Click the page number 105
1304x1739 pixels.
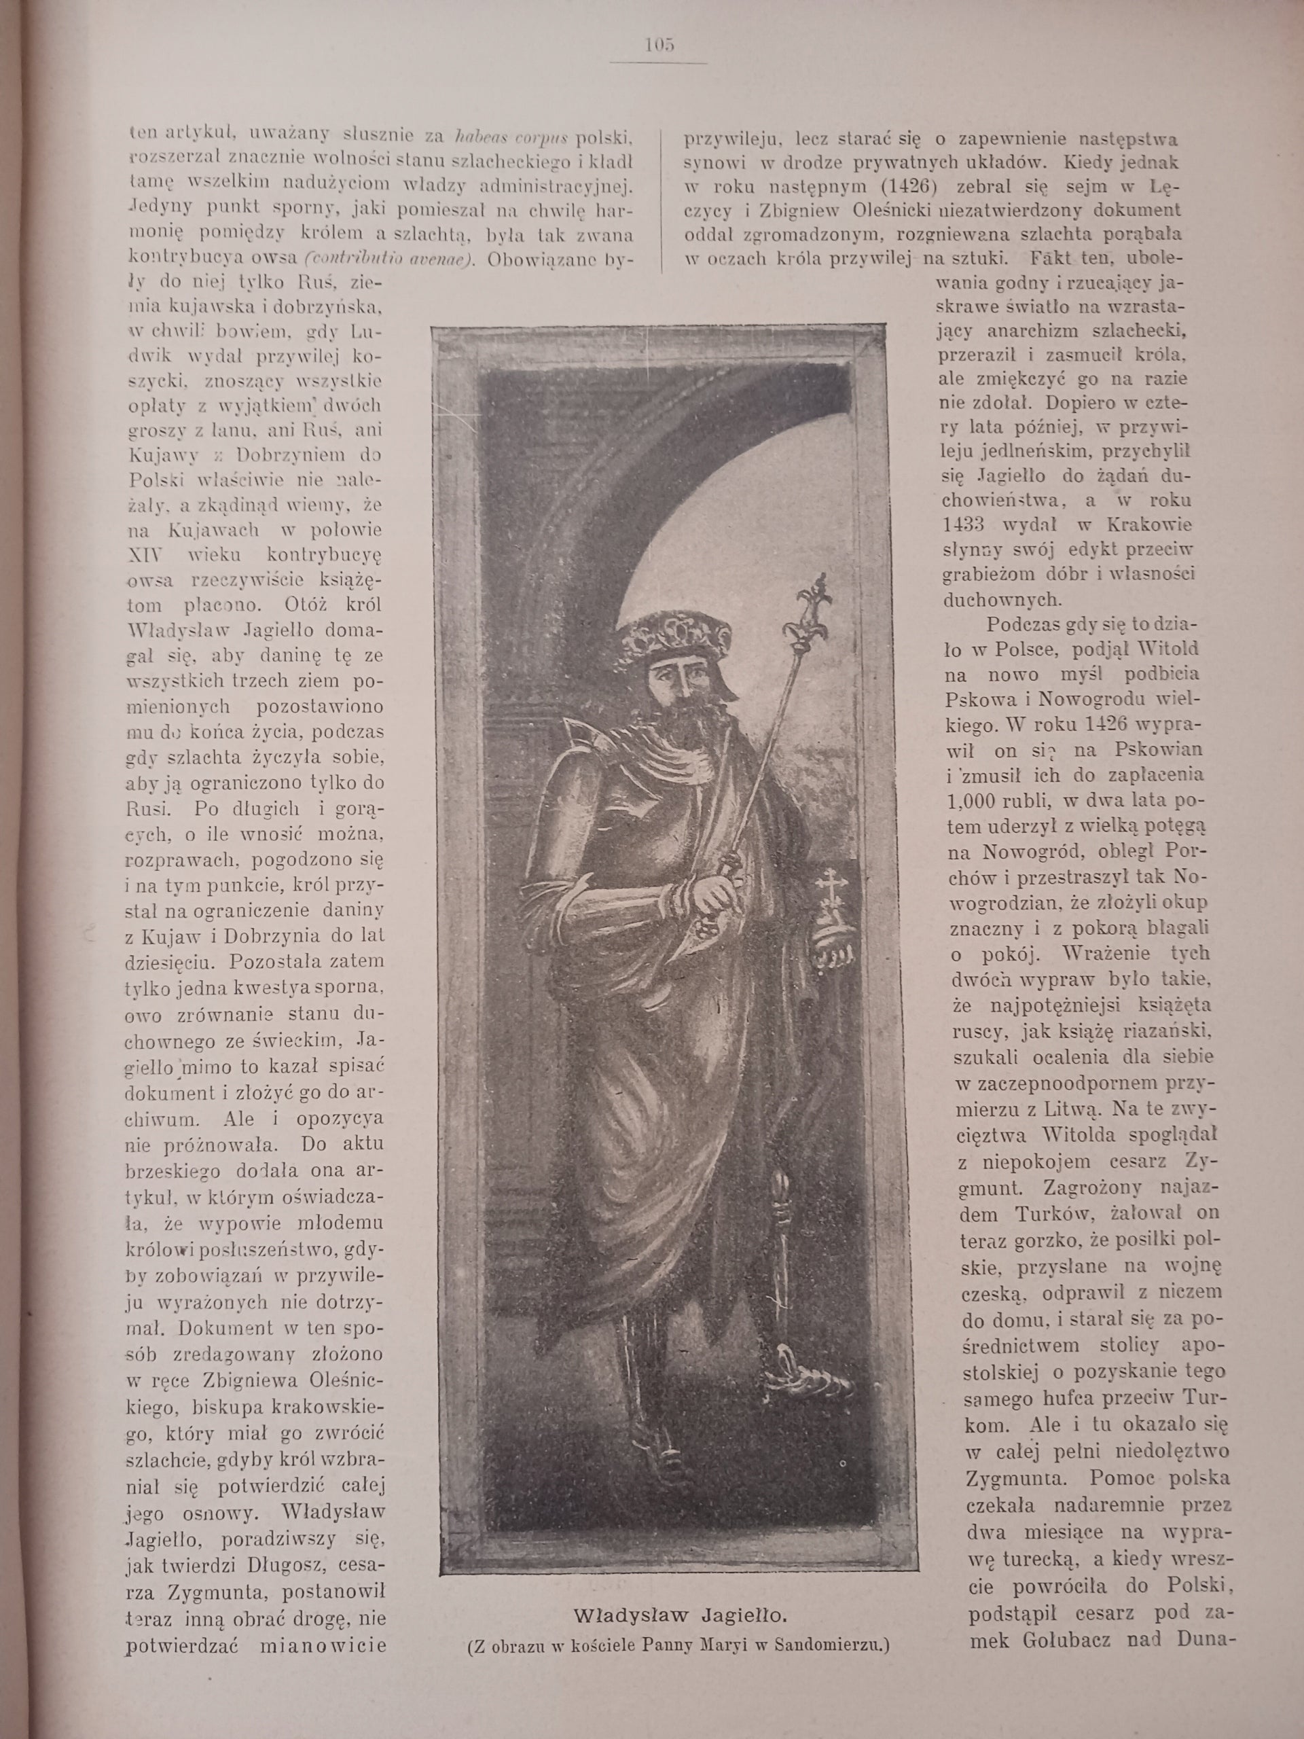tap(659, 45)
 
